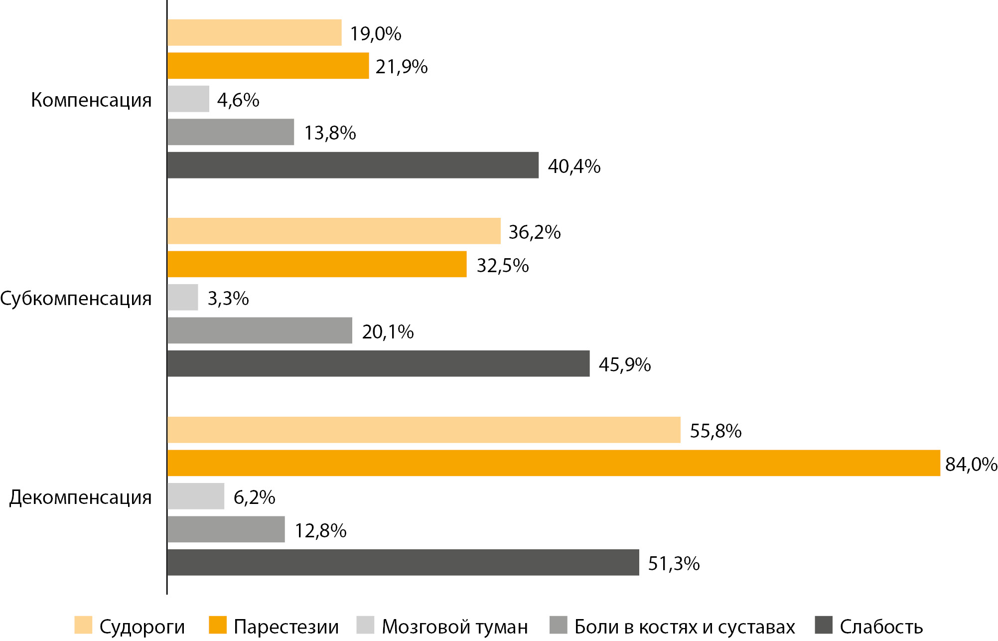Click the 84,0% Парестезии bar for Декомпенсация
point(553,463)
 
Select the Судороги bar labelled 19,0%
point(254,33)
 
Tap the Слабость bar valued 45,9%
point(378,364)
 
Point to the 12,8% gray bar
point(226,529)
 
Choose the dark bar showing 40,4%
point(353,165)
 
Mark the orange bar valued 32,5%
point(317,264)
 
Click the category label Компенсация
point(91,100)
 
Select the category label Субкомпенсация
point(76,299)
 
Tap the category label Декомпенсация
point(80,497)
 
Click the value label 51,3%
point(674,564)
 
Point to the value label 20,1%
point(388,332)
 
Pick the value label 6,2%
point(254,497)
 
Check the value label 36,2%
point(534,232)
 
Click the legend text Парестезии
point(286,627)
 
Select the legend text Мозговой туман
point(454,627)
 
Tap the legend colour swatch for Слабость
point(824,625)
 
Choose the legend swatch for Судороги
point(83,625)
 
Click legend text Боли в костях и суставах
point(684,627)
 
